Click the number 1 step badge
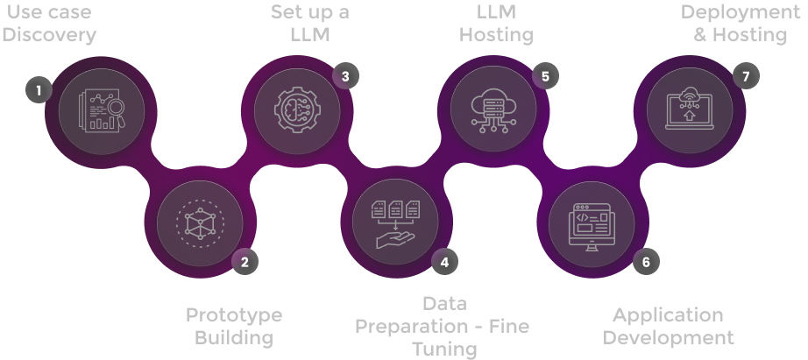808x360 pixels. pyautogui.click(x=39, y=89)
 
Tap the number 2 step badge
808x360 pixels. pyautogui.click(x=245, y=260)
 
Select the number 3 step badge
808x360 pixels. pyautogui.click(x=345, y=76)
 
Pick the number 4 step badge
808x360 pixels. pyautogui.click(x=444, y=261)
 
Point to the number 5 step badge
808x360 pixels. pyautogui.click(x=545, y=76)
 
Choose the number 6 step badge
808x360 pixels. pyautogui.click(x=646, y=261)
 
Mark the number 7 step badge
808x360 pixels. pyautogui.click(x=746, y=76)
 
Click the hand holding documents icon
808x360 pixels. pyautogui.click(x=396, y=222)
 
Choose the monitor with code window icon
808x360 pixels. pyautogui.click(x=596, y=224)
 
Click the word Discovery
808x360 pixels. pyautogui.click(x=49, y=35)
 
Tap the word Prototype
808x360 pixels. pyautogui.click(x=234, y=315)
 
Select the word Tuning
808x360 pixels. pyautogui.click(x=444, y=349)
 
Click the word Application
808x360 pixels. pyautogui.click(x=668, y=315)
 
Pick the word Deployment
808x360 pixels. pyautogui.click(x=741, y=12)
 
